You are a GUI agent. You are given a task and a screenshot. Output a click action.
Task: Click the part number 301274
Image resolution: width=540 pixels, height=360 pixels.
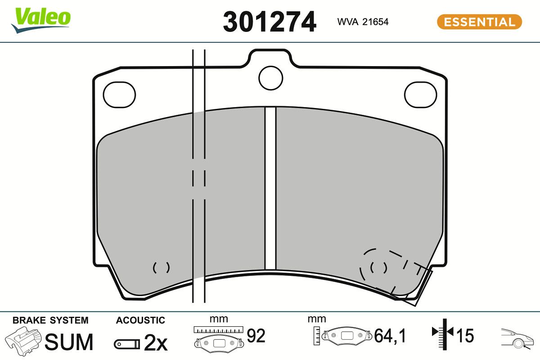(269, 22)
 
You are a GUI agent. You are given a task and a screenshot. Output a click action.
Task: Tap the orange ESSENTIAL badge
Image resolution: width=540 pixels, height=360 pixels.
(479, 22)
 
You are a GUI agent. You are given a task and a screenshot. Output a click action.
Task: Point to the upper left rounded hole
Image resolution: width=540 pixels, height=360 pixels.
(119, 94)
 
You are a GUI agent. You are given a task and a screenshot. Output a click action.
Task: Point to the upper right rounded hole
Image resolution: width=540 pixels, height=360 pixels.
(420, 95)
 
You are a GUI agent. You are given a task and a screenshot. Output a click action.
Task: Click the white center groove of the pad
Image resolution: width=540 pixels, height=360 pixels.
(270, 189)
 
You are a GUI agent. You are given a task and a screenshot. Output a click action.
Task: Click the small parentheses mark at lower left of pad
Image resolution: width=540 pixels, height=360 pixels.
(161, 267)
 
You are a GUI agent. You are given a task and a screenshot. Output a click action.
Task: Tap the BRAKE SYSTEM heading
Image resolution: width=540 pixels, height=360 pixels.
(50, 320)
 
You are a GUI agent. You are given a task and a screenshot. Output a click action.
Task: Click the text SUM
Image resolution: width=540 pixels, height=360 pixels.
(69, 342)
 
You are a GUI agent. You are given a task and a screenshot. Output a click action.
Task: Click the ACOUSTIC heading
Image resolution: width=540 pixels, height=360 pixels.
(140, 320)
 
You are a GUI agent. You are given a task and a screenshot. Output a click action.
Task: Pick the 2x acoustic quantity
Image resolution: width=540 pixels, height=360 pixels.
(155, 343)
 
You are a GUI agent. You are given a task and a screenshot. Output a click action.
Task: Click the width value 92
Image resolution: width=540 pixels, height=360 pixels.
(256, 335)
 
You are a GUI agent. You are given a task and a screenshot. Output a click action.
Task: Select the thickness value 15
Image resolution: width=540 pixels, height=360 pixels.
(465, 335)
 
